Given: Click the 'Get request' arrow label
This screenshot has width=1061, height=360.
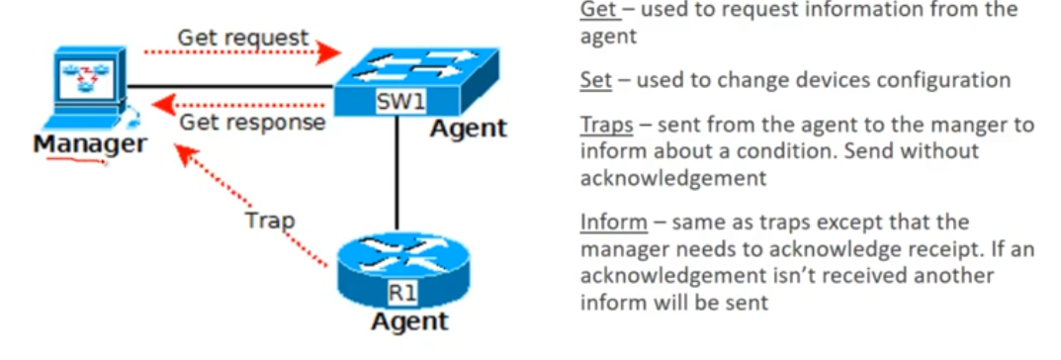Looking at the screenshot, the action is click(x=243, y=38).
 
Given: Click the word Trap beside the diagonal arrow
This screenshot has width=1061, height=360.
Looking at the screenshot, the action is click(x=270, y=221).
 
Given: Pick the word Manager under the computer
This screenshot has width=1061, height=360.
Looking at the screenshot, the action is click(x=89, y=144).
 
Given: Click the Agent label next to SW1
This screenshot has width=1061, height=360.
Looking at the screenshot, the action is click(x=469, y=128).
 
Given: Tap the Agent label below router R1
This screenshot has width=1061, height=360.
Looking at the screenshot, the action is click(x=409, y=320).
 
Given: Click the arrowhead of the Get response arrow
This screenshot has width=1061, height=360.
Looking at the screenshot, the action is click(x=163, y=105).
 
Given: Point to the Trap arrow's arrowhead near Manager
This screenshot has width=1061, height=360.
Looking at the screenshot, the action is click(x=184, y=153).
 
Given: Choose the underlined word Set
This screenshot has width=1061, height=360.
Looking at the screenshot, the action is click(x=595, y=80).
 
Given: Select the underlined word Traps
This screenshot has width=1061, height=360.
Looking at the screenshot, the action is click(x=607, y=126).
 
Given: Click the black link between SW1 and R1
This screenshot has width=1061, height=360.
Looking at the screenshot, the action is click(x=397, y=175).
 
